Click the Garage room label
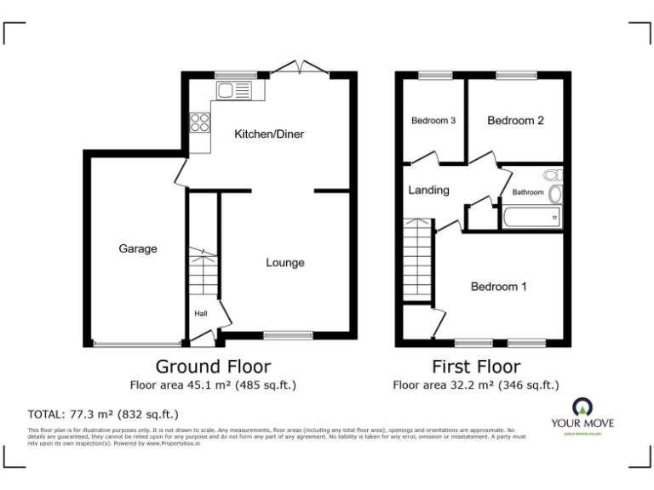137,249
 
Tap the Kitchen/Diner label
269,134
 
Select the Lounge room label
284,263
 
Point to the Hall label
201,314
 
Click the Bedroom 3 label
433,121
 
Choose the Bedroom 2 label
515,121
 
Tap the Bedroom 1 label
498,287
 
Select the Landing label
428,191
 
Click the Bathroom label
527,192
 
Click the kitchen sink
234,89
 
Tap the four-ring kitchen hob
201,122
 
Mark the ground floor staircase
204,273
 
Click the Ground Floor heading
213,367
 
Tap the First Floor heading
475,367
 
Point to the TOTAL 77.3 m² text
103,415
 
